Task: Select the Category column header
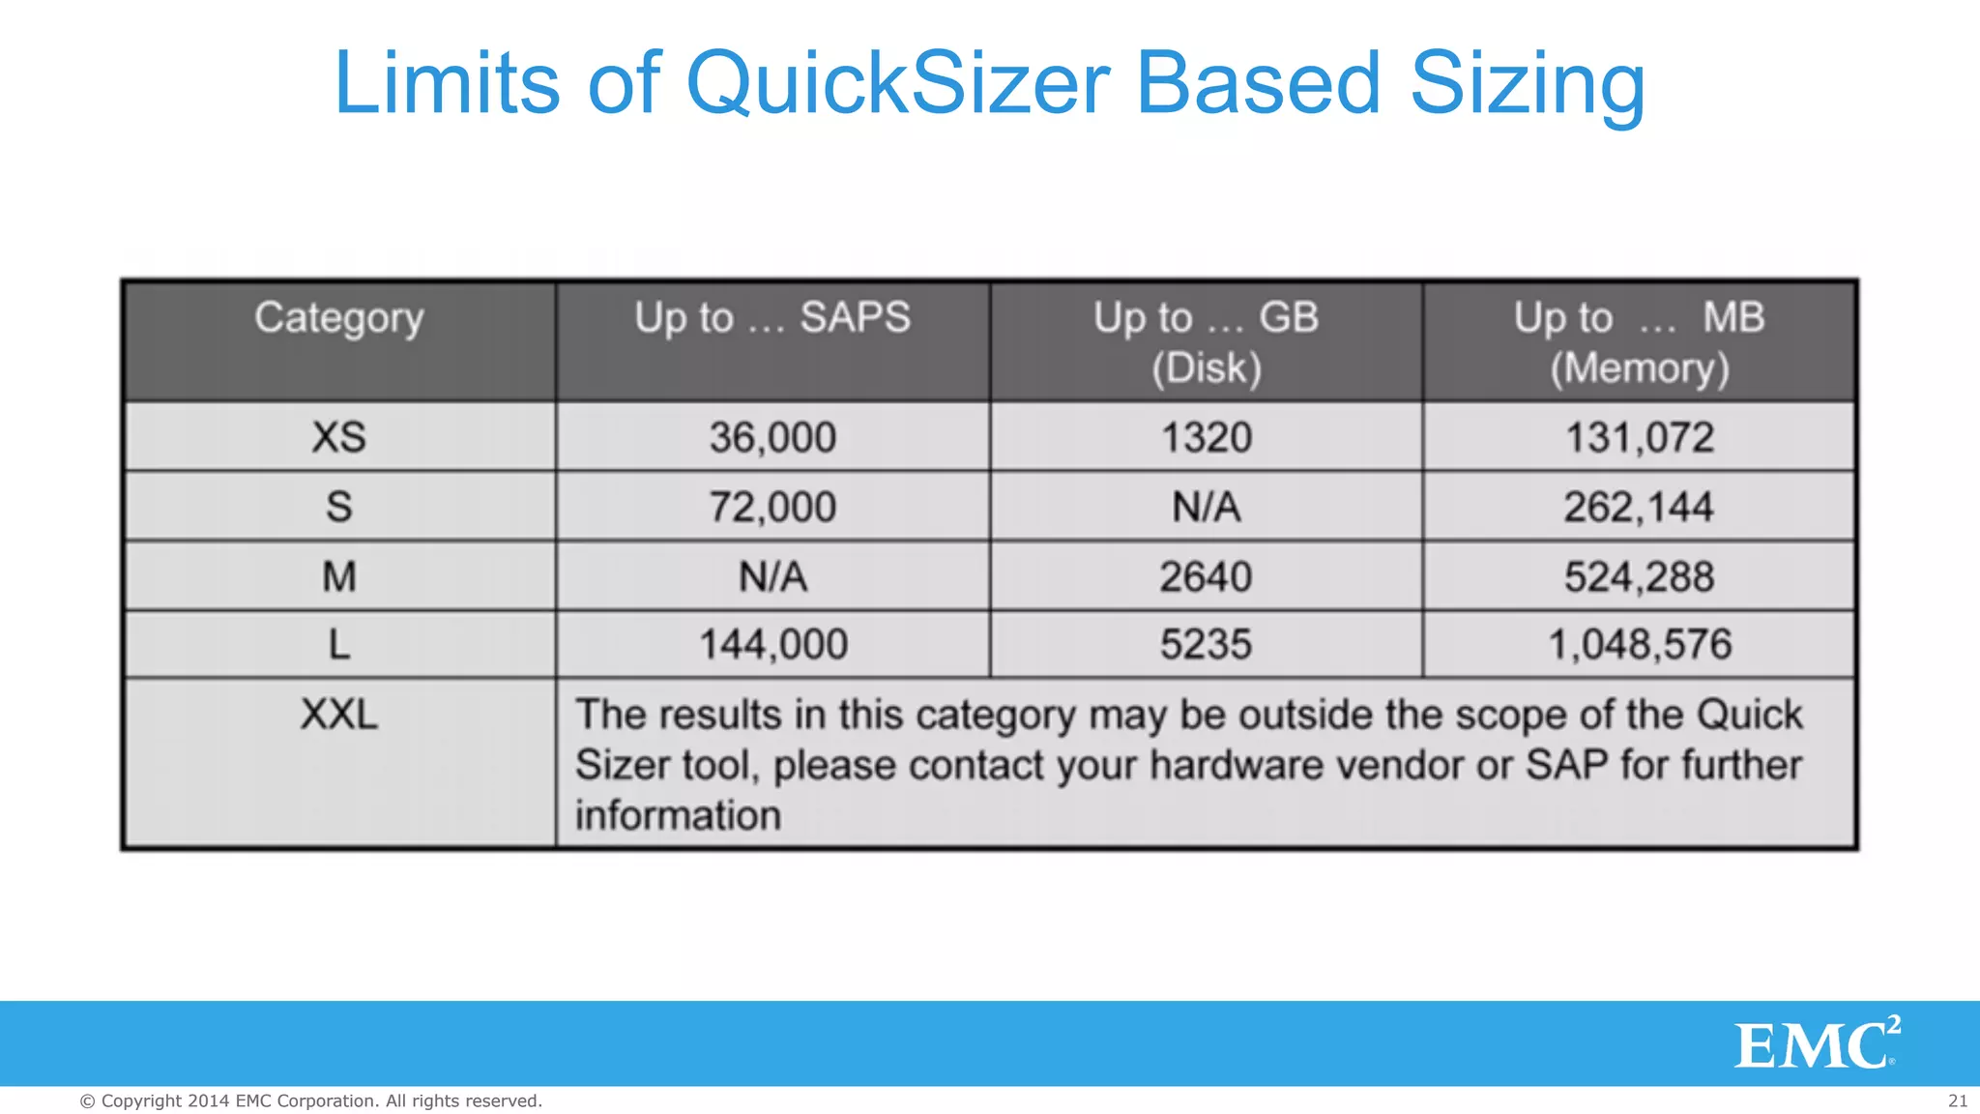[338, 318]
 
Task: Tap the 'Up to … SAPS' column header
[772, 318]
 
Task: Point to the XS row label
[338, 437]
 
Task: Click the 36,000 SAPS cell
[772, 437]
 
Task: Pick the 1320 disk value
[1206, 437]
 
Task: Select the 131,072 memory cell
[1640, 437]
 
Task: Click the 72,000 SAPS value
[772, 507]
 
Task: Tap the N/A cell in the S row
[1206, 507]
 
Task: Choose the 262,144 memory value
[1640, 507]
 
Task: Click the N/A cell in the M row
[772, 577]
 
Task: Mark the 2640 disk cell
[1206, 577]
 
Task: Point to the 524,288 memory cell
[1640, 577]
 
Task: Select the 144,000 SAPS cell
[772, 645]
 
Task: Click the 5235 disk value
[1206, 645]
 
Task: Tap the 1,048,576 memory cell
[1640, 645]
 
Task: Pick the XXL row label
[338, 716]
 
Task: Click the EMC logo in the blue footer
[1816, 1043]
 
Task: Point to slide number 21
[1958, 1100]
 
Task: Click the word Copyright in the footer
[141, 1100]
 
